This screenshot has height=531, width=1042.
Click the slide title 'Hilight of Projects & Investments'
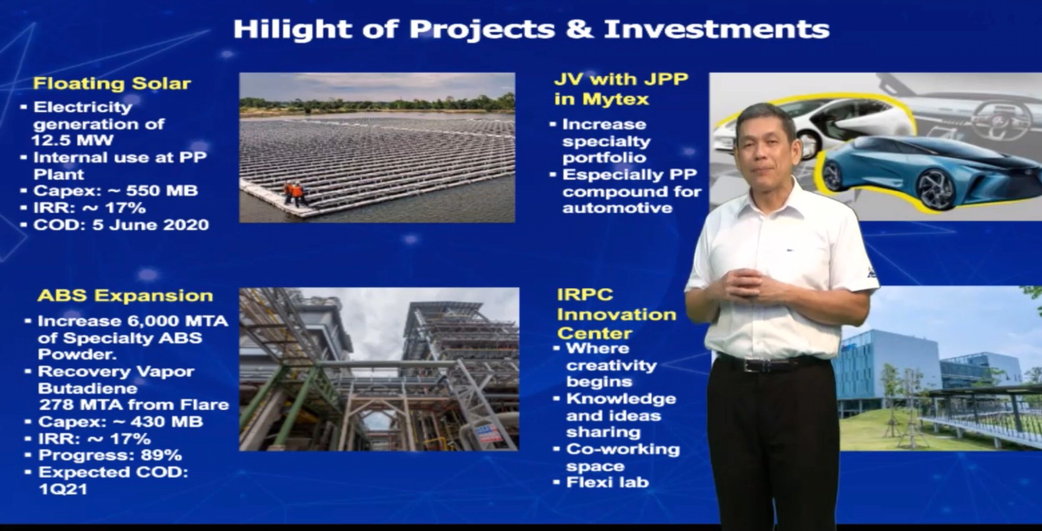pyautogui.click(x=531, y=29)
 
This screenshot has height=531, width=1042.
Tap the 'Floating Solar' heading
pyautogui.click(x=112, y=84)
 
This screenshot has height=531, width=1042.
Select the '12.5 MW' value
pyautogui.click(x=72, y=140)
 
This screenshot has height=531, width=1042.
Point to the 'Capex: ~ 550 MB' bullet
pyautogui.click(x=115, y=191)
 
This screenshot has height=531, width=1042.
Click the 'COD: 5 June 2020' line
pyautogui.click(x=115, y=225)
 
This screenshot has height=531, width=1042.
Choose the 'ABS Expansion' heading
pyautogui.click(x=125, y=296)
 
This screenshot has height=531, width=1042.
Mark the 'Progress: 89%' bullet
pyautogui.click(x=104, y=455)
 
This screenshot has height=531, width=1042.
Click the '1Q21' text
pyautogui.click(x=63, y=489)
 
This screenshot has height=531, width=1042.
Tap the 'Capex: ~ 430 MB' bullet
pyautogui.click(x=115, y=421)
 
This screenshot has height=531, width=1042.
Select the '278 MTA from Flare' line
pyautogui.click(x=134, y=404)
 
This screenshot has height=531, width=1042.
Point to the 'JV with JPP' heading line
pyautogui.click(x=621, y=79)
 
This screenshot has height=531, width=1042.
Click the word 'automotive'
pyautogui.click(x=618, y=208)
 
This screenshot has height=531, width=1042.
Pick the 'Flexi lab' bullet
pyautogui.click(x=601, y=482)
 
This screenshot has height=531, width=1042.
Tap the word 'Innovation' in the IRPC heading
pyautogui.click(x=616, y=315)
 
